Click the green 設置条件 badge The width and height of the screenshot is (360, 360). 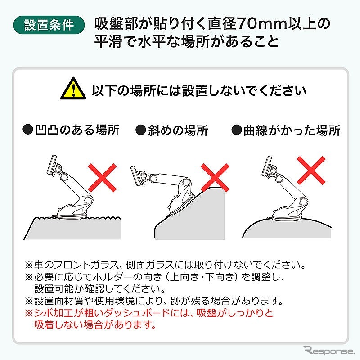click(49, 25)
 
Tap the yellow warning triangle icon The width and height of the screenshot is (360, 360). click(73, 89)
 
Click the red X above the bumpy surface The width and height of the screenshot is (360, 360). click(103, 177)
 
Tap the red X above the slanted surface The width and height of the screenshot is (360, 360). click(215, 177)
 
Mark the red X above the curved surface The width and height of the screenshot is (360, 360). click(311, 171)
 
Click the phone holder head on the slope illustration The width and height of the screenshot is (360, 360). click(137, 175)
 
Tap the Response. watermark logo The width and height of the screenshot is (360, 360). click(329, 351)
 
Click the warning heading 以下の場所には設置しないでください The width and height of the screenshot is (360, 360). click(199, 90)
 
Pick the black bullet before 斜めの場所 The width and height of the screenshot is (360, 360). click(141, 130)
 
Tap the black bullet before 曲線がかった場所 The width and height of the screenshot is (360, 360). click(237, 130)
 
